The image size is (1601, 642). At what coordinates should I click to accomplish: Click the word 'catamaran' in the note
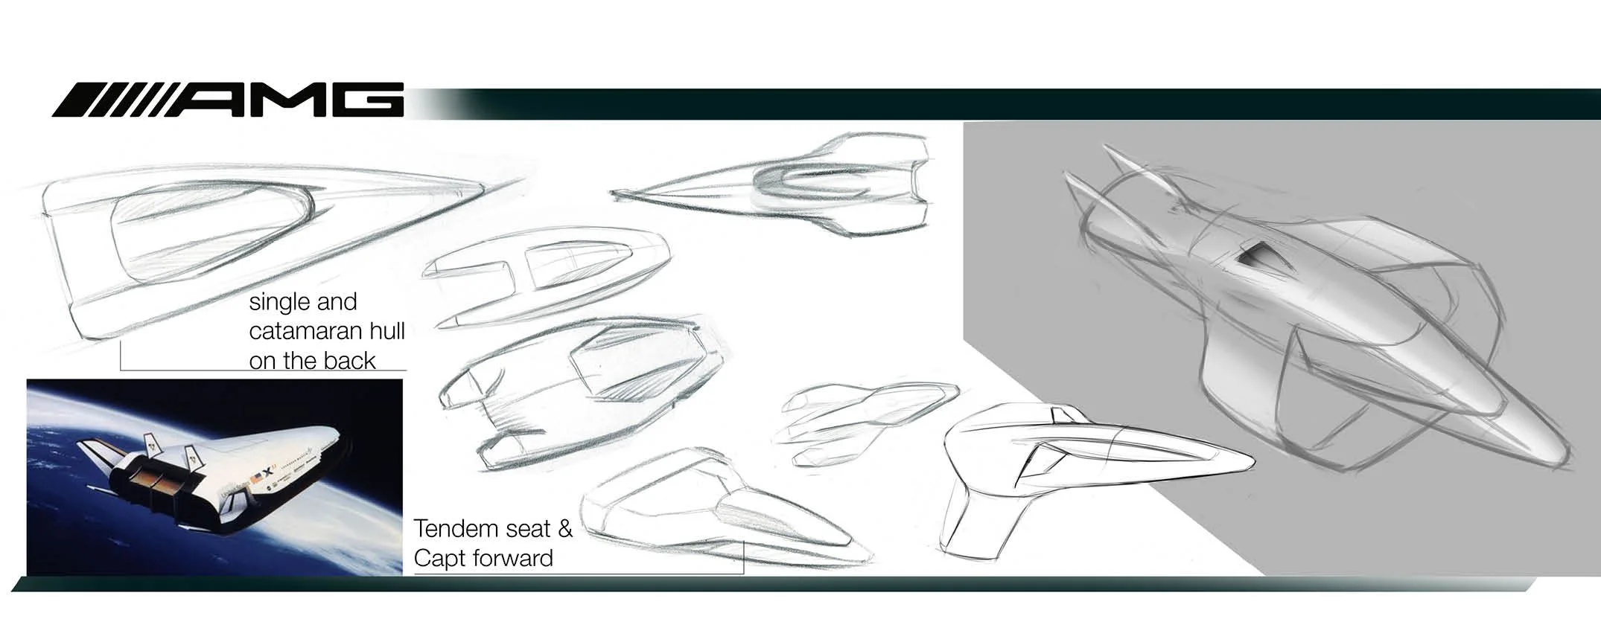[309, 332]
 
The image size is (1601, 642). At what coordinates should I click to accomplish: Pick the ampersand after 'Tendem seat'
[565, 529]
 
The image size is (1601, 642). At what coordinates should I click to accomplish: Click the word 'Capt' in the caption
[440, 558]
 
